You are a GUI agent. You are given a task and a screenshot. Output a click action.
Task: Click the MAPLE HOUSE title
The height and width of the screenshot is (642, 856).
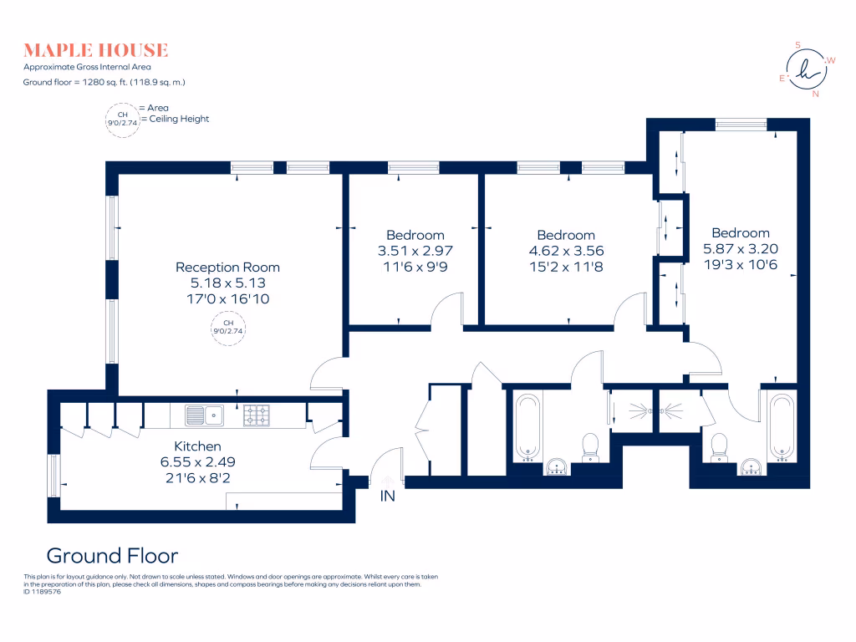[x=95, y=50]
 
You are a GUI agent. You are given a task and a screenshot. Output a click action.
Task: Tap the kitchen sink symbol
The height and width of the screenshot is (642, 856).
[x=204, y=415]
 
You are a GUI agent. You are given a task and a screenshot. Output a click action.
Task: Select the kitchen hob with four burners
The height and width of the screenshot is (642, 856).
[x=256, y=415]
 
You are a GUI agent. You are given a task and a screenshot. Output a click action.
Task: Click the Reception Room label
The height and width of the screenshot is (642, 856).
[x=227, y=267]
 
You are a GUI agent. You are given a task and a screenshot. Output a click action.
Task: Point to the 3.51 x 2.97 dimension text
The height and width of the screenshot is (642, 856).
[x=415, y=251]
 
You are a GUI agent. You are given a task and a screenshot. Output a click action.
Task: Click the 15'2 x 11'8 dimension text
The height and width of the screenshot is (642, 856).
[x=566, y=267]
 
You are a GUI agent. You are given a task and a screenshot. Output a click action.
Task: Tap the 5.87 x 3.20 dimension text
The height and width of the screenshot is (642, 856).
[x=741, y=249]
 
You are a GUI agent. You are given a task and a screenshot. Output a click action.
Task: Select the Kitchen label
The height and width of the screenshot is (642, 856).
[x=197, y=446]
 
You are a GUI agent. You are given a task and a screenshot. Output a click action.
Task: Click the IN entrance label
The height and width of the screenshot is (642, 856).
[x=388, y=496]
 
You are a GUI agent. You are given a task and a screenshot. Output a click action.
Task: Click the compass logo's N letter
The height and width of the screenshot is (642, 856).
[x=816, y=94]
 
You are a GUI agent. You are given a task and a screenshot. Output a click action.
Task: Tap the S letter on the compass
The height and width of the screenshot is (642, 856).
[x=797, y=45]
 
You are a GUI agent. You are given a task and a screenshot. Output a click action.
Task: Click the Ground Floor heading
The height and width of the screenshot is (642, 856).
[x=113, y=556]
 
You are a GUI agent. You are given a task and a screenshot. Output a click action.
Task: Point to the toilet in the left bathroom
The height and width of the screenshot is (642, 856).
[x=590, y=448]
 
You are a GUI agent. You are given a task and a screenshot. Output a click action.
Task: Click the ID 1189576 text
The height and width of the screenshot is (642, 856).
[x=42, y=592]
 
